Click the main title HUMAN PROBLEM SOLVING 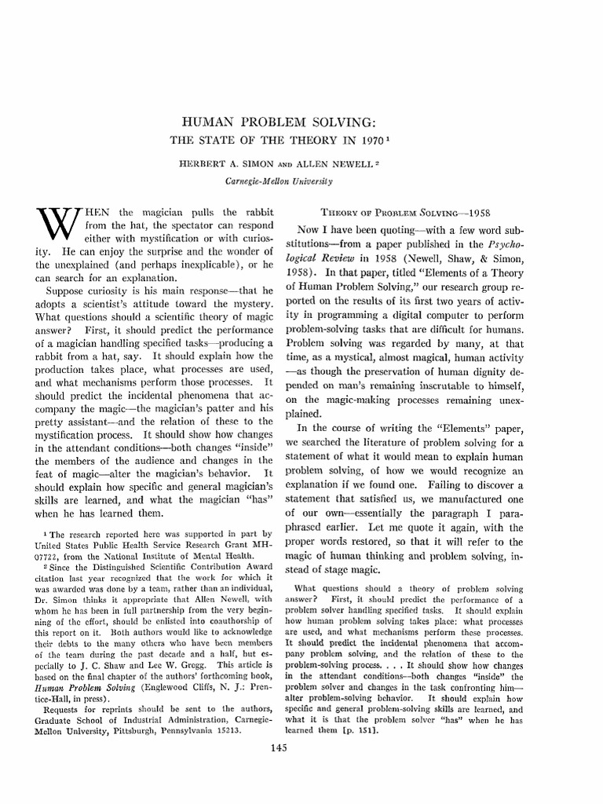[301, 124]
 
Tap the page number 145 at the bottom [301, 748]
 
